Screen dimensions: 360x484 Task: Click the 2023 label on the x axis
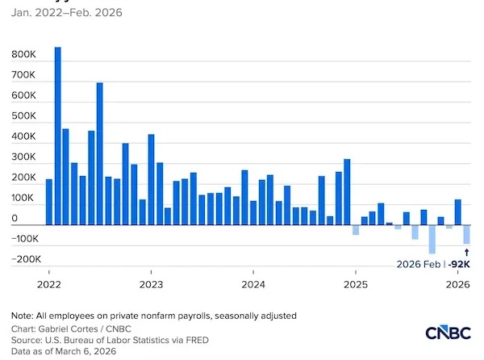[151, 284]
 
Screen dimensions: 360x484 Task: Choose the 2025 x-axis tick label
[355, 284]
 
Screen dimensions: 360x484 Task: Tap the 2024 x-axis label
[253, 284]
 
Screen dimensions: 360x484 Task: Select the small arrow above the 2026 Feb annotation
[466, 252]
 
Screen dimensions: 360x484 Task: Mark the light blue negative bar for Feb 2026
[466, 234]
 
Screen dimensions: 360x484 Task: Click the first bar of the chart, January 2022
[48, 202]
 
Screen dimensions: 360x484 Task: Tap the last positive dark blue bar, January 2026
[457, 212]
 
